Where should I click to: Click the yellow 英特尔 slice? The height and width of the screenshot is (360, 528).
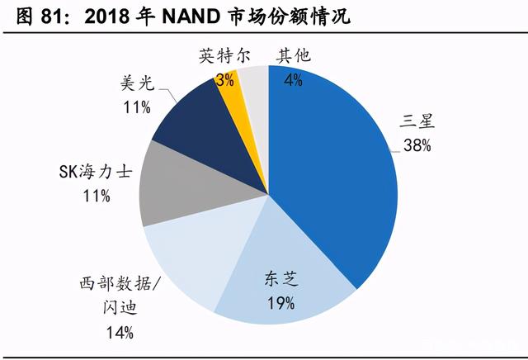236,101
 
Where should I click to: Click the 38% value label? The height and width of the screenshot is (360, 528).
417,145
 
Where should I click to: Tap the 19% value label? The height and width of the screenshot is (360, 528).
281,303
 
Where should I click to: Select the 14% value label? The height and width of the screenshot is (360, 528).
120,333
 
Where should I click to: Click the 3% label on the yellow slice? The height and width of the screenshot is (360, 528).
225,80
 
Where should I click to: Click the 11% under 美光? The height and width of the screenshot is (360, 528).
137,107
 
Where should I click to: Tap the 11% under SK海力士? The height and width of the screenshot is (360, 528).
97,196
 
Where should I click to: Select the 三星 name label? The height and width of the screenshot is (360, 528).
417,121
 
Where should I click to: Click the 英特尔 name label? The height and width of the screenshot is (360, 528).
224,55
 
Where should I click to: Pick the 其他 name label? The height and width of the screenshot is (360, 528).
294,55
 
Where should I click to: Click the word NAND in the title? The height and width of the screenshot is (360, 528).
191,16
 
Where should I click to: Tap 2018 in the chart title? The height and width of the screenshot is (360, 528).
106,16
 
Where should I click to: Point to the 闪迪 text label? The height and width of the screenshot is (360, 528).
120,307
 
